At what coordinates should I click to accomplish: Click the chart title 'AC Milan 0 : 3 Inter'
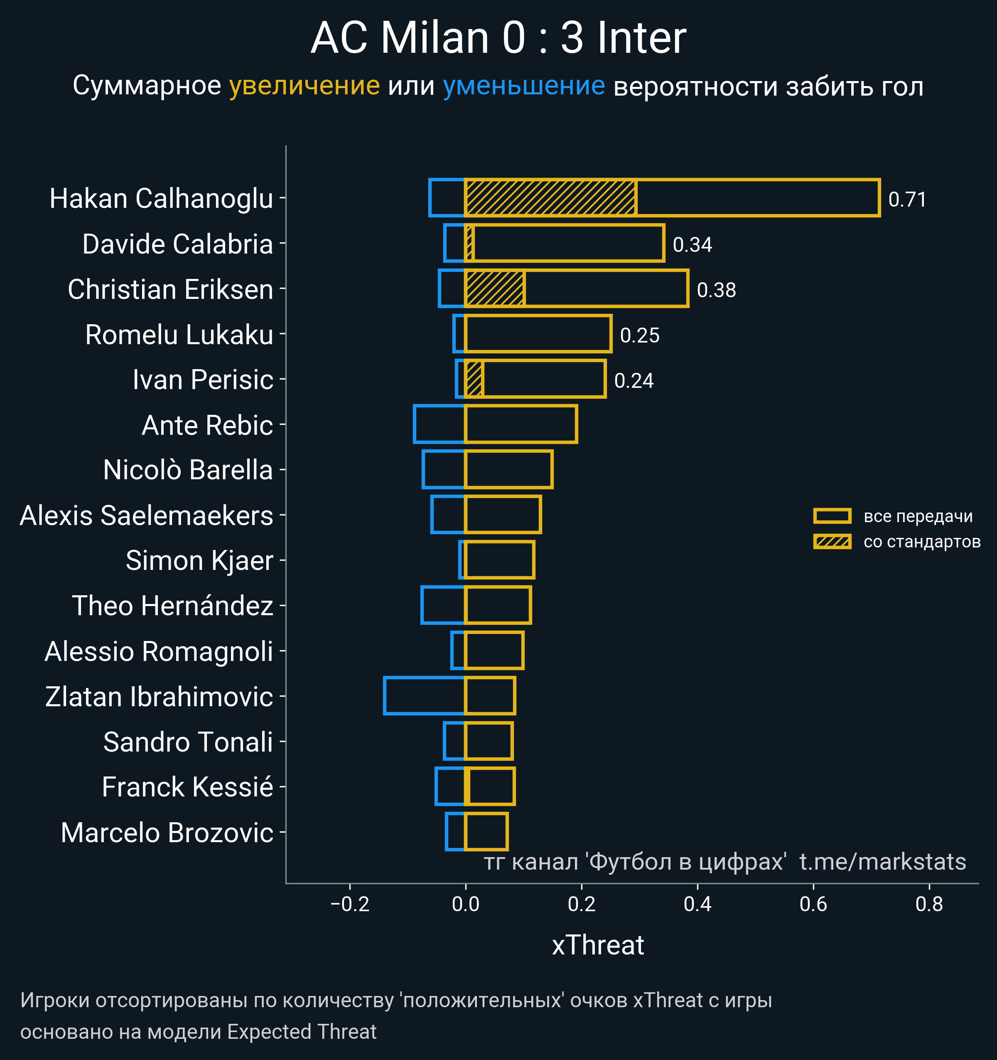[x=498, y=38]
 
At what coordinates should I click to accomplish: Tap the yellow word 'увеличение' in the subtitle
[x=304, y=86]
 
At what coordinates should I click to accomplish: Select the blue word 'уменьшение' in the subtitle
[x=524, y=86]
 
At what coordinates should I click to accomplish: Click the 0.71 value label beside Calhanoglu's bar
[x=907, y=200]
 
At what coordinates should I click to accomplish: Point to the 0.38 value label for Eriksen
[x=716, y=290]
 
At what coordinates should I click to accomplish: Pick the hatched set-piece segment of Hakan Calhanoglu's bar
[x=550, y=198]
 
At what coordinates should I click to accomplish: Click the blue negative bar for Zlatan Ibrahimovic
[x=424, y=695]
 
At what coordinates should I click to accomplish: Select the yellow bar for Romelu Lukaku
[x=538, y=334]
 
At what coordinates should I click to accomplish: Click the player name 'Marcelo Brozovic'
[x=167, y=833]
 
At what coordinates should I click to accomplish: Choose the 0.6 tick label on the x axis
[x=813, y=904]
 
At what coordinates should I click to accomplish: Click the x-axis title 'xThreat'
[x=598, y=945]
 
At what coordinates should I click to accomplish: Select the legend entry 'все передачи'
[x=918, y=516]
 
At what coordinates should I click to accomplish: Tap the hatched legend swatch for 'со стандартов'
[x=832, y=542]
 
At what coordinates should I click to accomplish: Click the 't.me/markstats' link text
[x=882, y=862]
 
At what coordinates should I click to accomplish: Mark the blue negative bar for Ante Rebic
[x=439, y=424]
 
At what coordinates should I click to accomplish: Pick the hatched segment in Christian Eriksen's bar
[x=494, y=288]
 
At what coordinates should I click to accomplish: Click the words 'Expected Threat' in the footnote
[x=302, y=1032]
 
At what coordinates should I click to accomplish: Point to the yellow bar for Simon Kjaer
[x=499, y=560]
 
